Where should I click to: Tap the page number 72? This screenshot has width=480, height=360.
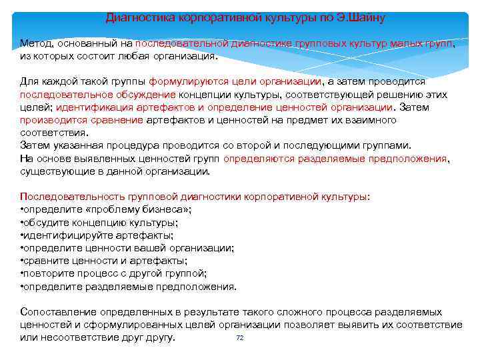pos(240,338)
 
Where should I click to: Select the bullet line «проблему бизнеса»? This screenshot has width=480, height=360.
pos(107,209)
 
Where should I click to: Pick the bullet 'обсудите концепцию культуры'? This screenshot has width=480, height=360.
pos(100,222)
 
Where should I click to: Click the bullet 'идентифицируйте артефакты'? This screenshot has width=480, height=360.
pos(97,235)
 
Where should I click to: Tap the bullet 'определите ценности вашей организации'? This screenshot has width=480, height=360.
pos(127,248)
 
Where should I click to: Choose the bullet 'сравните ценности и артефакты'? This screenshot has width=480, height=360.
pos(104,261)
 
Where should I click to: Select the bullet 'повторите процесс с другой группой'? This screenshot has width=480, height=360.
pos(114,273)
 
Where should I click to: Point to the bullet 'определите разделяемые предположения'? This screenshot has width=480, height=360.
pos(129,287)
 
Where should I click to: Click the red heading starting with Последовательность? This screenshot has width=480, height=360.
pos(195,197)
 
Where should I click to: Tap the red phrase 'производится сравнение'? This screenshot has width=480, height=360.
pos(81,120)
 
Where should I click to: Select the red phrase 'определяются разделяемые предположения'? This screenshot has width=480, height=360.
pos(335,159)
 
